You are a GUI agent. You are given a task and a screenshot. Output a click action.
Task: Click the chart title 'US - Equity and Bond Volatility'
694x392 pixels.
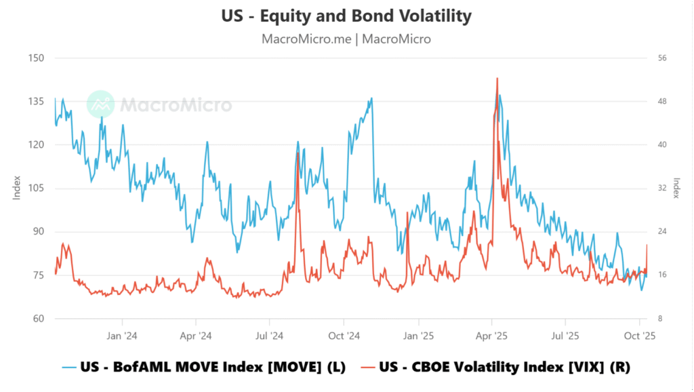tap(346, 16)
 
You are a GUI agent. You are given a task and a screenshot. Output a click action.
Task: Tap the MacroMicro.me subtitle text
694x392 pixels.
tap(346, 39)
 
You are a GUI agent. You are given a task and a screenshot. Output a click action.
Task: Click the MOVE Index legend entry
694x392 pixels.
tap(203, 367)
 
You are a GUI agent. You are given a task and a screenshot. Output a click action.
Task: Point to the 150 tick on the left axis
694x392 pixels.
tap(35, 58)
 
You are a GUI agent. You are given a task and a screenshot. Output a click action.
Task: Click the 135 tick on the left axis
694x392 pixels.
tap(35, 101)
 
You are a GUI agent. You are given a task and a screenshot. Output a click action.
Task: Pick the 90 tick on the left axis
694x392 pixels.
tap(37, 231)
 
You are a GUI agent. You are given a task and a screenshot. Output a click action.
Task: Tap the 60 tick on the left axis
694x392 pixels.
tap(37, 318)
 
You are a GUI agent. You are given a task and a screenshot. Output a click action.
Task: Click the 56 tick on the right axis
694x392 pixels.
tap(662, 58)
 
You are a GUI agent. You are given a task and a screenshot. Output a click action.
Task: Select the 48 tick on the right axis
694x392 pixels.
tap(662, 101)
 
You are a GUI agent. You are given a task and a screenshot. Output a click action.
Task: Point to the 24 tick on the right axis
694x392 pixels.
tap(662, 231)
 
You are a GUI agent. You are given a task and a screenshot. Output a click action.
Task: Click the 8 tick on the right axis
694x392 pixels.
tap(660, 318)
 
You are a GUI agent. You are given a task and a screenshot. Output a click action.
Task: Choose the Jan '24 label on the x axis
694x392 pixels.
tap(123, 335)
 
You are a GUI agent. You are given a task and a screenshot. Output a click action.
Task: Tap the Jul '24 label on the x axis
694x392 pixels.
tap(270, 335)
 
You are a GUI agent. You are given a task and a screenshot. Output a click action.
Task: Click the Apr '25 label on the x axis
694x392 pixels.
tap(492, 335)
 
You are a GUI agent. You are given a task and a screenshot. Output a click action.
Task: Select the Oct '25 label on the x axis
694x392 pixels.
tap(639, 335)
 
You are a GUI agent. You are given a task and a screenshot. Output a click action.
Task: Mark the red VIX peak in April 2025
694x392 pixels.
tap(497, 79)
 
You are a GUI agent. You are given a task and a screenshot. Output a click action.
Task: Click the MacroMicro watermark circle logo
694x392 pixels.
tap(101, 104)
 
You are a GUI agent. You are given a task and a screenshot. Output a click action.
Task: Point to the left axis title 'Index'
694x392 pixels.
tap(17, 187)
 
